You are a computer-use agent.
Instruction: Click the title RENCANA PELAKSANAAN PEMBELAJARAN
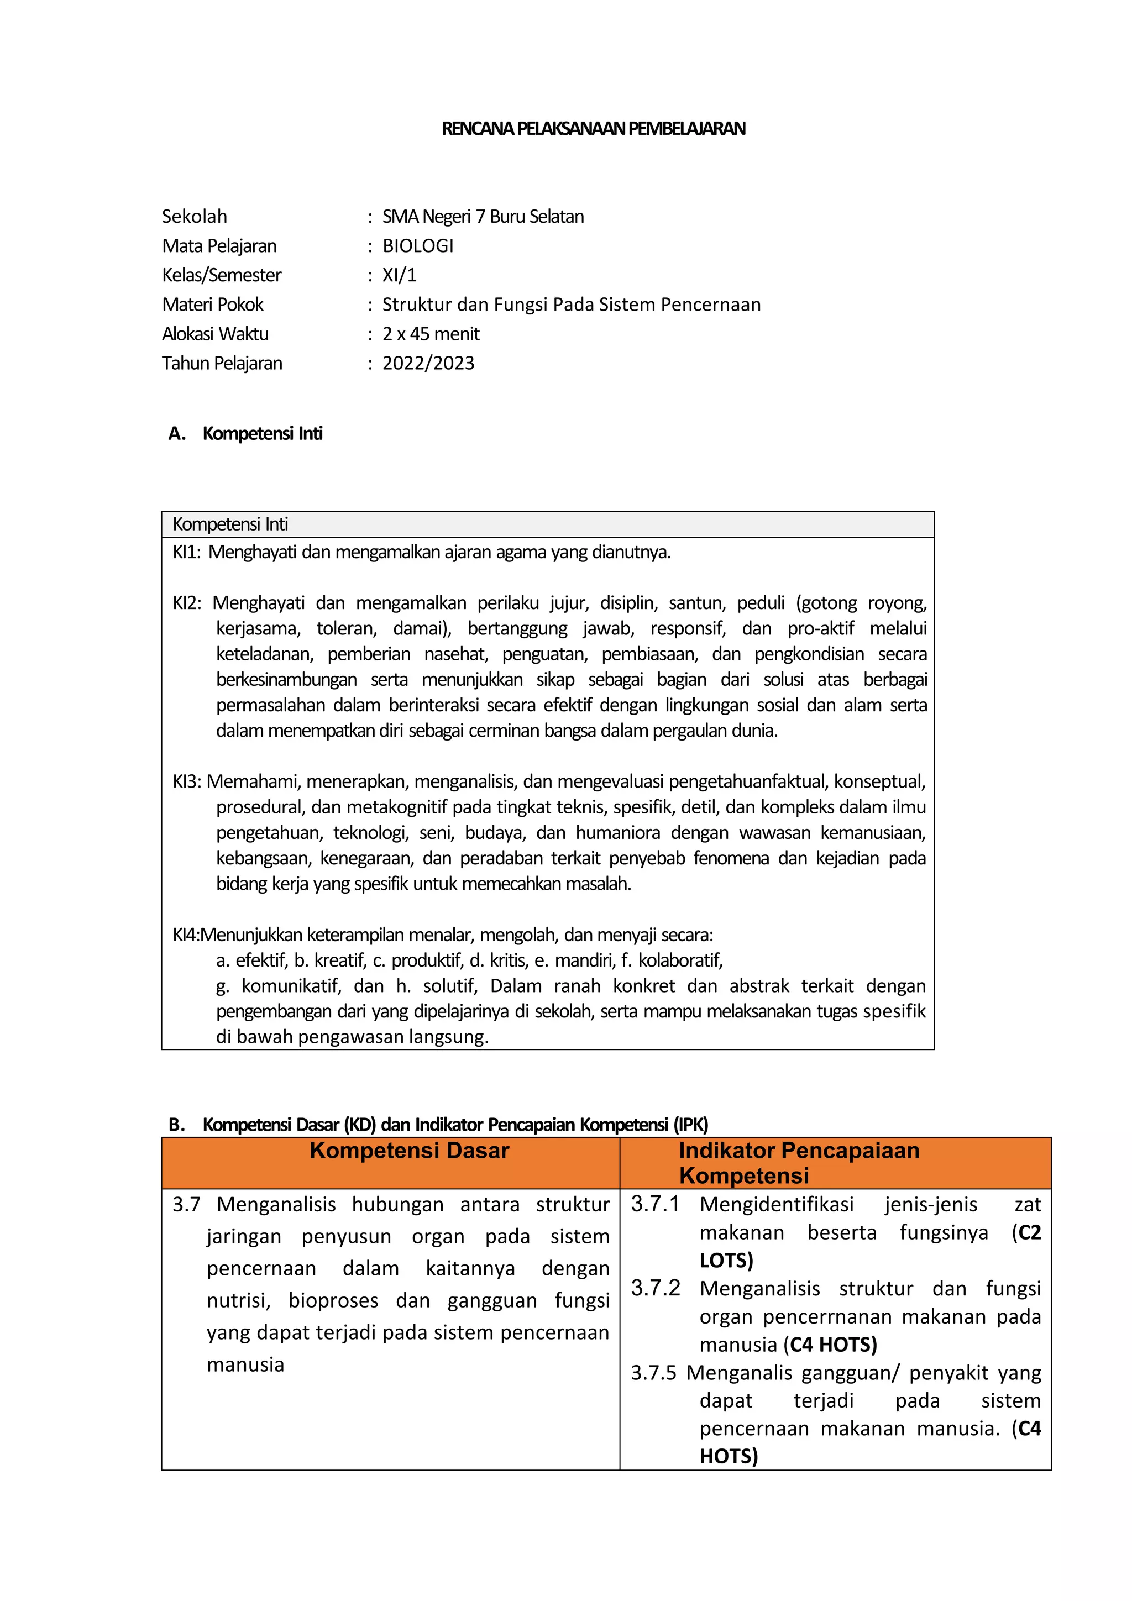(x=593, y=128)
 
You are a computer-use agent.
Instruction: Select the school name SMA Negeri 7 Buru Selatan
(x=483, y=217)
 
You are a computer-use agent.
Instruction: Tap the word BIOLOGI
(x=418, y=246)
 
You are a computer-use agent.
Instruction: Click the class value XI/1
(x=399, y=275)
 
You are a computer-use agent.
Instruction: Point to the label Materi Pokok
(x=213, y=305)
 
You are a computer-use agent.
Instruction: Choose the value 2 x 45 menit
(x=431, y=334)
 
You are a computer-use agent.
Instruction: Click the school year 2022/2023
(x=428, y=363)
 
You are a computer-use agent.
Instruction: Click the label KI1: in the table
(x=186, y=552)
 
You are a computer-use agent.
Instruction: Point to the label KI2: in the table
(x=186, y=603)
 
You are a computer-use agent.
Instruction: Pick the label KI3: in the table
(x=186, y=781)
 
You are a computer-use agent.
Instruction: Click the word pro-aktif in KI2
(x=820, y=628)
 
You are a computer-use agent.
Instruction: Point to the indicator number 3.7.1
(x=654, y=1204)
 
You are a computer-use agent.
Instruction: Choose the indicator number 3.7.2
(x=654, y=1288)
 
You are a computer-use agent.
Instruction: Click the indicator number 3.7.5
(x=653, y=1373)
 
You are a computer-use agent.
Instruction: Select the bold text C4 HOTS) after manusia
(x=833, y=1345)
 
